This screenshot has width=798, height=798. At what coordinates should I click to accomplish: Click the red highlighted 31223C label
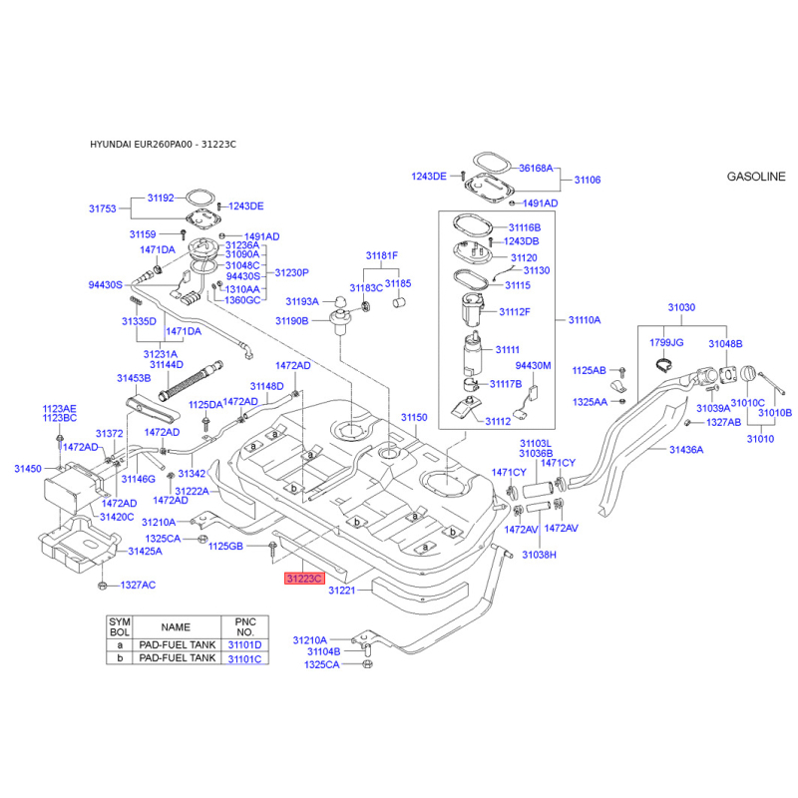[304, 579]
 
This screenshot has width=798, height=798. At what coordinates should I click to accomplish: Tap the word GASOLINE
[756, 177]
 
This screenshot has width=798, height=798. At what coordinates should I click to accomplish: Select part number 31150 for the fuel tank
[414, 417]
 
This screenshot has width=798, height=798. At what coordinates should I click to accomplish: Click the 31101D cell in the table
[244, 644]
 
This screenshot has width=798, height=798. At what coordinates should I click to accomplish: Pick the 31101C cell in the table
[244, 658]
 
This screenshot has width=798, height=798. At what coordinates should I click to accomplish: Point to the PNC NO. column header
[245, 627]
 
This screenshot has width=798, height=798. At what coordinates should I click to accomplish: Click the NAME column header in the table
[176, 627]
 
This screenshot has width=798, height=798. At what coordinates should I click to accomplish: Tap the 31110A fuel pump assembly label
[585, 320]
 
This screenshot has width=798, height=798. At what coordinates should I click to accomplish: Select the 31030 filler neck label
[681, 307]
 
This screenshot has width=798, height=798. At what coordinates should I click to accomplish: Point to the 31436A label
[686, 450]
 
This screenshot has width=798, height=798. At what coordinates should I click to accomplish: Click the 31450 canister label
[28, 469]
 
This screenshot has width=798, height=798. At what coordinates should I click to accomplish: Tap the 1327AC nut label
[138, 586]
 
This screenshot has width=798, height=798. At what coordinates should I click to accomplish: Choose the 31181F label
[382, 255]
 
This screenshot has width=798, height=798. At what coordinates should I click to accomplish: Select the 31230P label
[291, 272]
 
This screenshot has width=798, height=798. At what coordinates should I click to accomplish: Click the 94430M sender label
[533, 365]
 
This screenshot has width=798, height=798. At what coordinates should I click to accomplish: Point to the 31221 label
[341, 591]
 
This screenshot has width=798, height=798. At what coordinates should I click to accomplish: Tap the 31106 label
[588, 180]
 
